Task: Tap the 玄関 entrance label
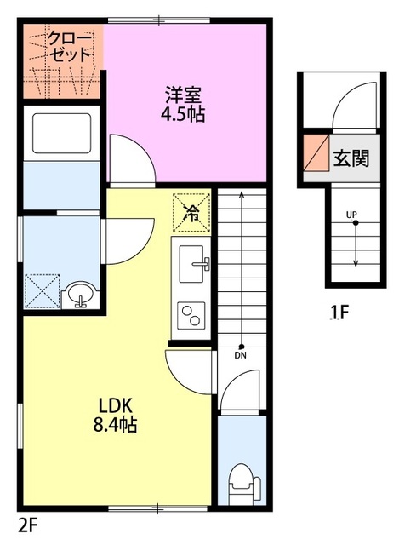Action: click(351, 158)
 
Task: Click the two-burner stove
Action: click(192, 314)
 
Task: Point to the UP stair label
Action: click(351, 214)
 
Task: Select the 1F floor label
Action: click(339, 313)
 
